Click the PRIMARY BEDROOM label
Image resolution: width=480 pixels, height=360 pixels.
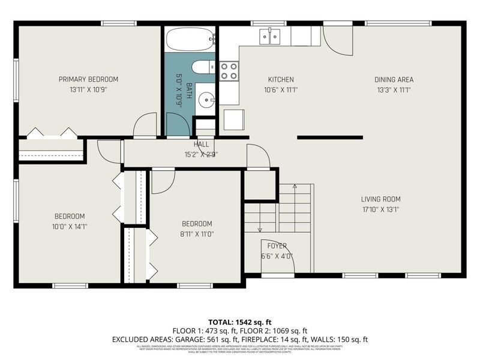coord(88,79)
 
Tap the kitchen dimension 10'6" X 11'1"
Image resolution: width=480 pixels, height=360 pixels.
coord(280,89)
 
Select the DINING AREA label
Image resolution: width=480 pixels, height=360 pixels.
coord(394,79)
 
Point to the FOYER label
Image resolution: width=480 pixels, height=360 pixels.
coord(277,245)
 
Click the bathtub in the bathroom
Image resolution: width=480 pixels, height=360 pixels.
coord(190,40)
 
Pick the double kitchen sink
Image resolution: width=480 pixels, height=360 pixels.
coord(270,37)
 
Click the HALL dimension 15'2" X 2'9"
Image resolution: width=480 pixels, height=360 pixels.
coord(201,154)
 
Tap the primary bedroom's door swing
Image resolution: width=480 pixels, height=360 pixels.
coord(145,126)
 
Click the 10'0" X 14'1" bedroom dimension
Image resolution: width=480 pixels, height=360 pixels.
coord(70,227)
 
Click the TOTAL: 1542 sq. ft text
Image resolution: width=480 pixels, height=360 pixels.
coord(239,322)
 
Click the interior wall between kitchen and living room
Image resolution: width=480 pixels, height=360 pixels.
coord(329,137)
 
